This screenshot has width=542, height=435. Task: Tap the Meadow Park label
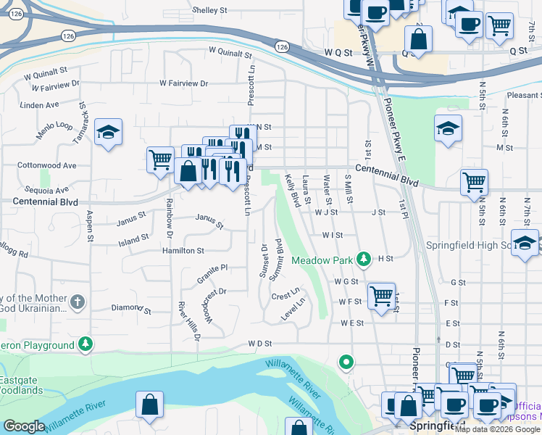(322, 260)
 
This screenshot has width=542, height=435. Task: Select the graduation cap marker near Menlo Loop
(108, 132)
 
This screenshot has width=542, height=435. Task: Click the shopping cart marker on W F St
(381, 296)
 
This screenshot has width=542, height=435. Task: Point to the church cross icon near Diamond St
(78, 301)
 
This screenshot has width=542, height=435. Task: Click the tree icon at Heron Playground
(86, 344)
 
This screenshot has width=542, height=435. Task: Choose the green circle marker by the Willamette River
(347, 361)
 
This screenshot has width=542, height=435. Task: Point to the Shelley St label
(209, 11)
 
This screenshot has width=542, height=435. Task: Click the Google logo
(25, 426)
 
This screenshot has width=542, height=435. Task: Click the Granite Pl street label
(212, 273)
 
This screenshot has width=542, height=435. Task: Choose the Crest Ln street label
(285, 296)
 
